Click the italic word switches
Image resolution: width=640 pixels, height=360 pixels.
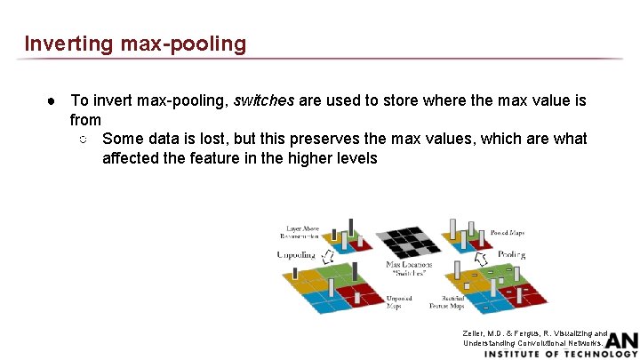263,100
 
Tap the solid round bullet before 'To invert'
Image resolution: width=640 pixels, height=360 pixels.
52,101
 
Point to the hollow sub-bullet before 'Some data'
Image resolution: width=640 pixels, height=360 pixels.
82,140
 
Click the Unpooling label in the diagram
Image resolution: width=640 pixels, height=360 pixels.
296,255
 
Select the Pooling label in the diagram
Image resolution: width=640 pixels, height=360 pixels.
510,255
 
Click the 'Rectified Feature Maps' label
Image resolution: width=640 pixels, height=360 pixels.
445,302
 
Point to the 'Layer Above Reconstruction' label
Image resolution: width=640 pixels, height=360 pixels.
300,233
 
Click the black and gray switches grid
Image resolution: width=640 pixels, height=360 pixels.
409,242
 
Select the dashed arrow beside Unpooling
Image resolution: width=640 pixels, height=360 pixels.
326,258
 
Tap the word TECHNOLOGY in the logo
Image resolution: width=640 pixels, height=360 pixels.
595,354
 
